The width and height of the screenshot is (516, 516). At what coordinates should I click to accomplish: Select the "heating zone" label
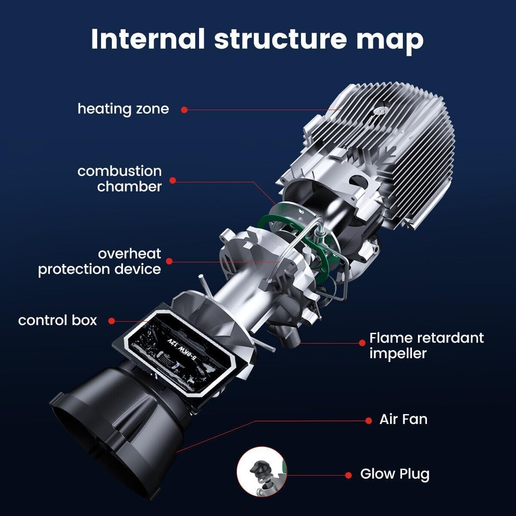[x=123, y=109]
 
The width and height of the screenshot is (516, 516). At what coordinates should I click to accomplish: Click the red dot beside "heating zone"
[x=184, y=110]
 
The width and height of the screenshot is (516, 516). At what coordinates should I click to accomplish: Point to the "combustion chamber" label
[x=120, y=178]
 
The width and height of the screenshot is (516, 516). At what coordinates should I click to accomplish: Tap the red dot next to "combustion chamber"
[x=172, y=181]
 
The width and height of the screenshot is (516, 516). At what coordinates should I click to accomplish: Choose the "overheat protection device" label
[x=99, y=261]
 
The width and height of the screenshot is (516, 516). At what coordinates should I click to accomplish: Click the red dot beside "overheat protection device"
[x=169, y=261]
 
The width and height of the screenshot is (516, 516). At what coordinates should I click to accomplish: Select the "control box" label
[x=58, y=320]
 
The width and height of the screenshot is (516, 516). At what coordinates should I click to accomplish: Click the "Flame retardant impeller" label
[x=427, y=345]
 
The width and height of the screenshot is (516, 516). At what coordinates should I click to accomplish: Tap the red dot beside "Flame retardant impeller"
[x=362, y=343]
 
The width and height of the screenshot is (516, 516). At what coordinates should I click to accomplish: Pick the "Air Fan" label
[x=403, y=419]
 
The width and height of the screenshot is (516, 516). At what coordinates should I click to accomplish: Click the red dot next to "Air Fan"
[x=369, y=420]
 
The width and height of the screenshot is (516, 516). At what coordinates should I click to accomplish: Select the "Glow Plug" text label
[x=395, y=474]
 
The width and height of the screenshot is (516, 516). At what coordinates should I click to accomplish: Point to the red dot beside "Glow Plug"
[x=349, y=475]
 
